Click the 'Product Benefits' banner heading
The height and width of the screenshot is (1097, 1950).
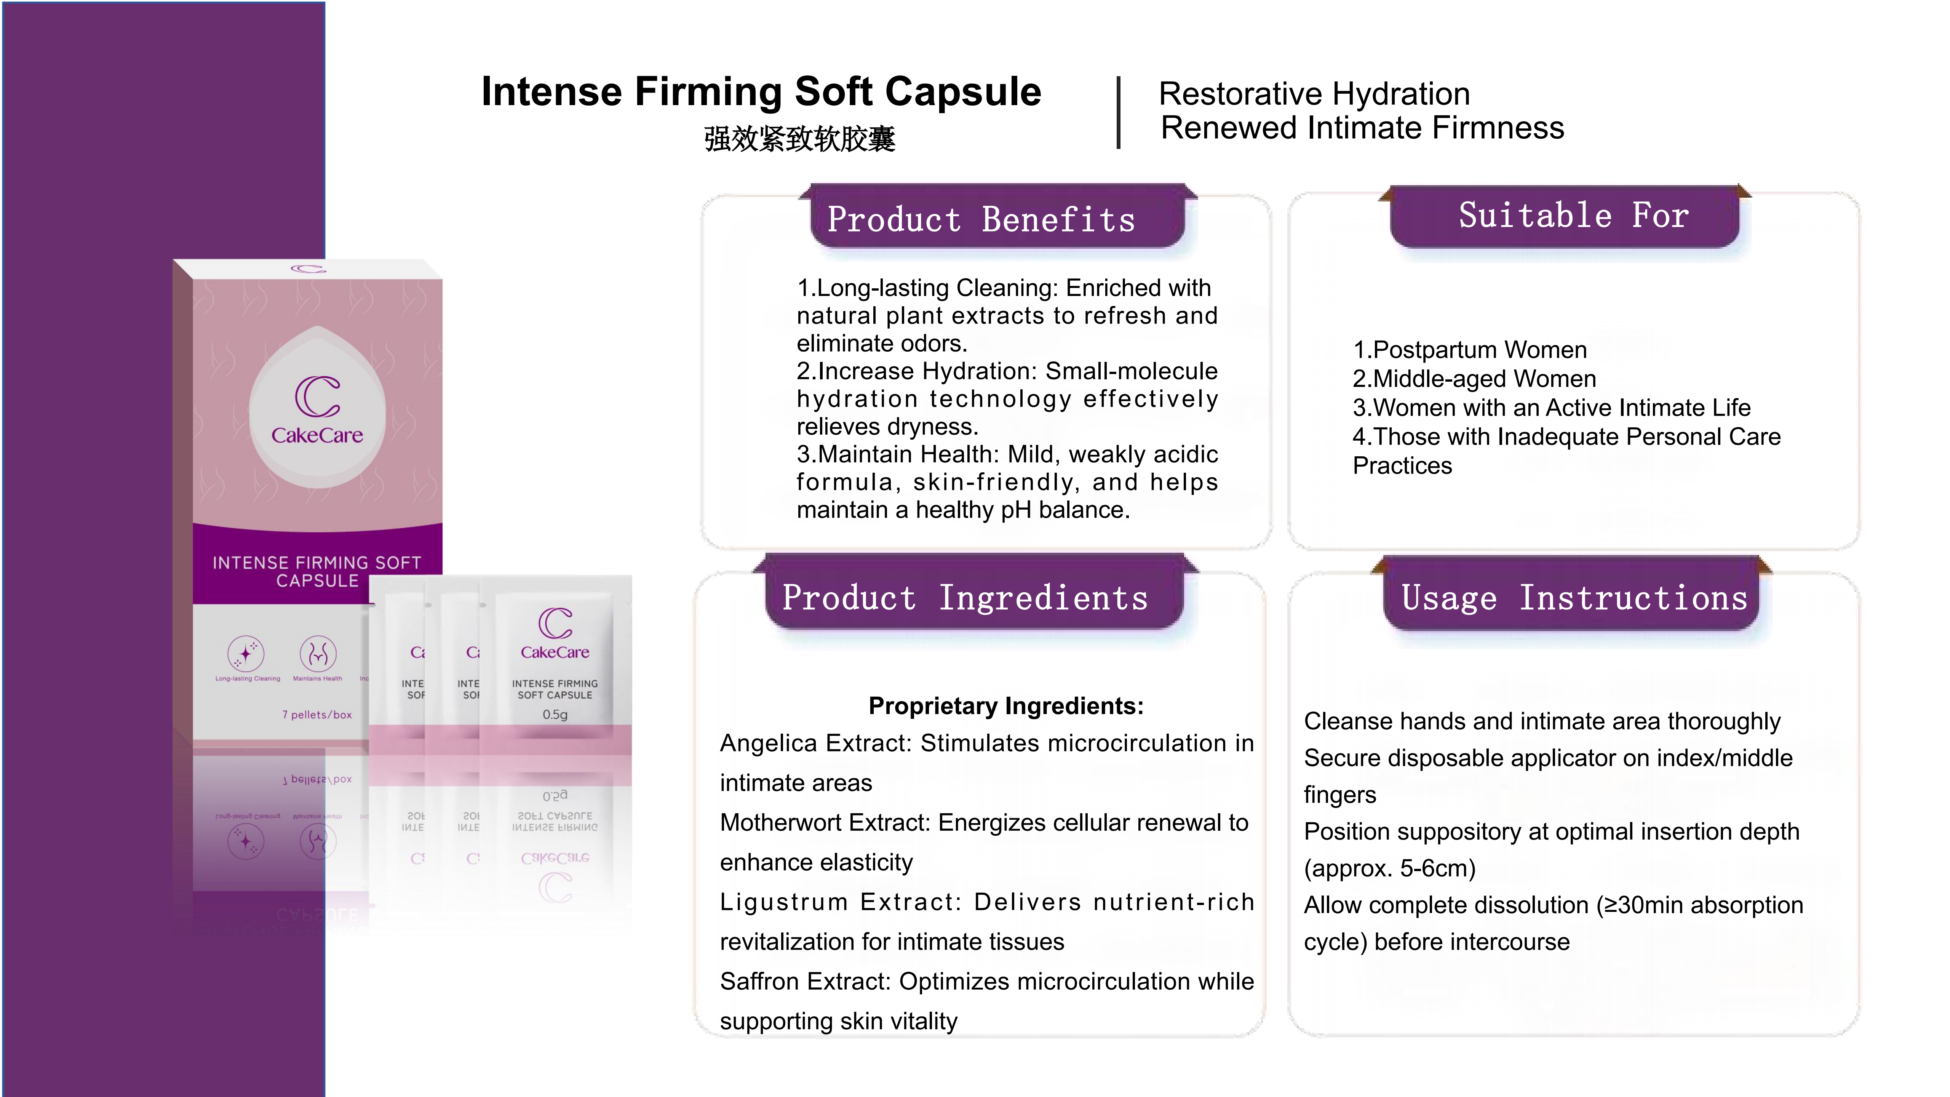pos(981,219)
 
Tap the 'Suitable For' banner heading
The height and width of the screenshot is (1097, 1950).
pos(1573,216)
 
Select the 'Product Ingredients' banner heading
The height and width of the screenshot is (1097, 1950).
pos(965,598)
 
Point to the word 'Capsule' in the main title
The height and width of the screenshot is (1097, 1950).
pos(963,91)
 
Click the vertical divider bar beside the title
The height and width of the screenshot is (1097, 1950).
pos(1118,112)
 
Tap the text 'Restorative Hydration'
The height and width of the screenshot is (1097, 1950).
pos(1314,94)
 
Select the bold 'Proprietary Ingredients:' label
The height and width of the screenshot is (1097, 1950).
pos(1006,705)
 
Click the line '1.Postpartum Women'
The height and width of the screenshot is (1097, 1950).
pos(1469,350)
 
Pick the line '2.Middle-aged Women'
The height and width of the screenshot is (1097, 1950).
pos(1474,379)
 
